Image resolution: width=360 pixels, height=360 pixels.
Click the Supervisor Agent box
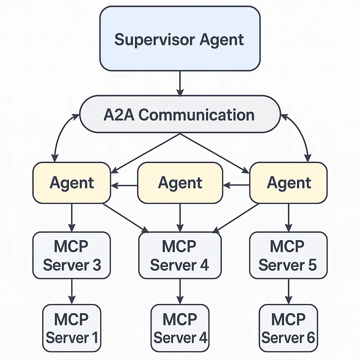[180, 39]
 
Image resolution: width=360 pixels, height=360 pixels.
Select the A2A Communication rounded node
[180, 115]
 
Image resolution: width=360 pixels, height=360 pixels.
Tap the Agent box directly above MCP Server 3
[72, 183]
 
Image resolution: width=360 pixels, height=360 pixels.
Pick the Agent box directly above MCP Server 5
[288, 183]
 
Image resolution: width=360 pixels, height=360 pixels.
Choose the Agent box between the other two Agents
[180, 183]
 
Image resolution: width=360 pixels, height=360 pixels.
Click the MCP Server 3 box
[72, 255]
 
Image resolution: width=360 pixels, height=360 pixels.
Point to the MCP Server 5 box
[288, 255]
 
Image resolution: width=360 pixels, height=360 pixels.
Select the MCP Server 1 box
[72, 328]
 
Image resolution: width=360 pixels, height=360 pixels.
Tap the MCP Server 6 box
[288, 328]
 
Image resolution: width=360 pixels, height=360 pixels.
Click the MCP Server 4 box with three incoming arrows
[180, 255]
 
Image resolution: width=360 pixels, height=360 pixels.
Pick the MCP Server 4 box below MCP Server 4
[180, 328]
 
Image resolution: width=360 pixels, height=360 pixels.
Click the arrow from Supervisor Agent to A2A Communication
[180, 83]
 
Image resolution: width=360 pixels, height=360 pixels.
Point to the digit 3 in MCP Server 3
[97, 265]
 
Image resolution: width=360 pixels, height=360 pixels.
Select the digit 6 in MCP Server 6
[310, 337]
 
